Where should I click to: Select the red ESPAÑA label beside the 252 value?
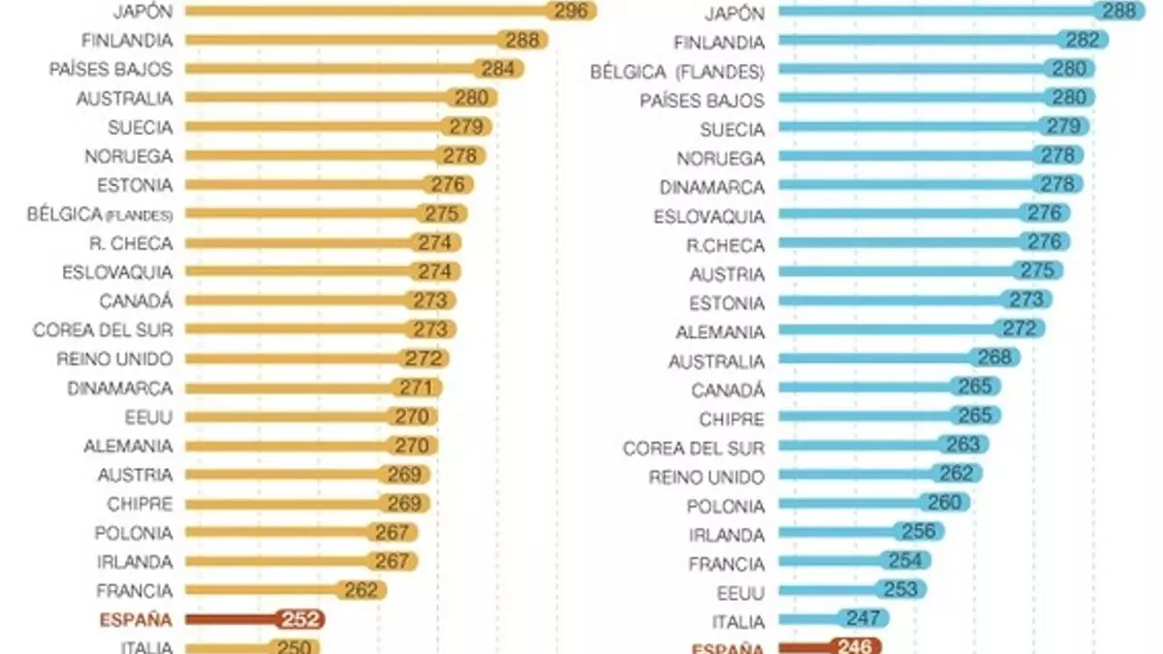136,620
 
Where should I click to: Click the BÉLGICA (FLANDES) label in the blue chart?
677,72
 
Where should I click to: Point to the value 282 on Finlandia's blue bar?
1083,40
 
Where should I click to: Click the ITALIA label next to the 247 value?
739,622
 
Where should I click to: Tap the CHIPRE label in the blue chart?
732,420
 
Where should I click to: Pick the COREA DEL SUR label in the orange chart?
103,329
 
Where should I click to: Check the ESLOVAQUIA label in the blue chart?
709,216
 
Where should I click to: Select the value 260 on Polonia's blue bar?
945,503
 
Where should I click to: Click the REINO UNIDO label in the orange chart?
114,358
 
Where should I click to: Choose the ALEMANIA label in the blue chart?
720,332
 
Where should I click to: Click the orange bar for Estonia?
300,185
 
